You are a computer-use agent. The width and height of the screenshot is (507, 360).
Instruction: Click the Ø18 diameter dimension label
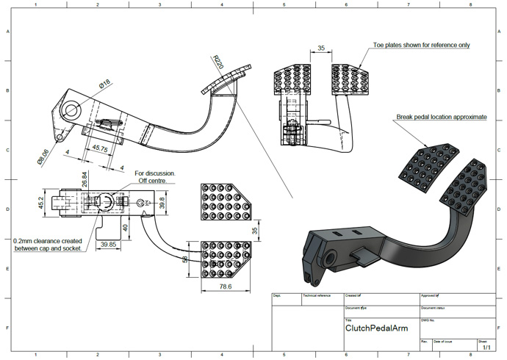pyautogui.click(x=105, y=84)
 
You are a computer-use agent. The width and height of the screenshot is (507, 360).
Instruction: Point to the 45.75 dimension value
pyautogui.click(x=99, y=148)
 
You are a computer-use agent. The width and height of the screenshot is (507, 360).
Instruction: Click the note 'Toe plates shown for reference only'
pyautogui.click(x=421, y=45)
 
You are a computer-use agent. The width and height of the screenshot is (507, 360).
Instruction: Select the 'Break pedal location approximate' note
pyautogui.click(x=441, y=116)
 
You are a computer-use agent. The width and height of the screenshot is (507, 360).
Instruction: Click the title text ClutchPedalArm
pyautogui.click(x=376, y=328)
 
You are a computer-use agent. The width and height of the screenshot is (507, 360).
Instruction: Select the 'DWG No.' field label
pyautogui.click(x=428, y=320)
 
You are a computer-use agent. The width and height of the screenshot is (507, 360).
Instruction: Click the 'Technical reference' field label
pyautogui.click(x=317, y=295)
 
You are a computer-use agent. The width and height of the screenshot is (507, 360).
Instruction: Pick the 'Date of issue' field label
pyautogui.click(x=443, y=342)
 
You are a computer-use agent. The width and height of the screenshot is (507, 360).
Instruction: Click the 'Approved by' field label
pyautogui.click(x=431, y=295)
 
